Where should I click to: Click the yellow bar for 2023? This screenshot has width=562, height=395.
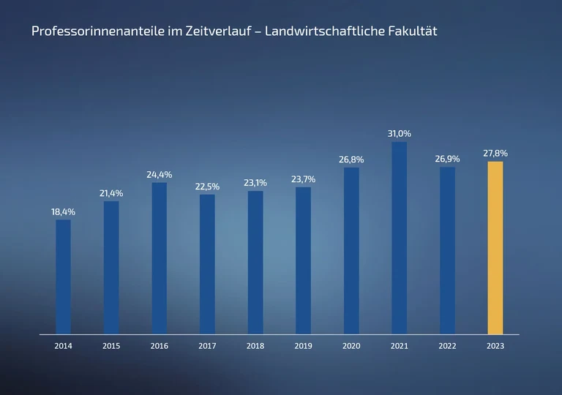495,247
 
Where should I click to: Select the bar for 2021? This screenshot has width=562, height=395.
399,238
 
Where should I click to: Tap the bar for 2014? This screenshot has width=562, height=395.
64,276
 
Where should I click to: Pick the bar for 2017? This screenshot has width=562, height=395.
207,264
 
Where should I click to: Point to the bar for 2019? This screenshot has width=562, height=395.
303,260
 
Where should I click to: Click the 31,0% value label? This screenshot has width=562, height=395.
399,134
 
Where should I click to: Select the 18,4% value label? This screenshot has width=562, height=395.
64,211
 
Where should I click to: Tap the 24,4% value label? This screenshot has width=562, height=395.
160,175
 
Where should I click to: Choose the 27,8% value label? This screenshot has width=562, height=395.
495,154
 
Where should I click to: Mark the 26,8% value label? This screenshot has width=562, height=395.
351,159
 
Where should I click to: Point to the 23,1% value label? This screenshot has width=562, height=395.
255,183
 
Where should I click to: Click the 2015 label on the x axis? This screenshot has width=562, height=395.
111,346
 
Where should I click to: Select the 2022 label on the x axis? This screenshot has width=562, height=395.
447,346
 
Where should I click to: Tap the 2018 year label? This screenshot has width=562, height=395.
255,346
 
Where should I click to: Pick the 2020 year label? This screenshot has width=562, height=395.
351,346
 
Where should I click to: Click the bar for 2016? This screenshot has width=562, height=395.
160,258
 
